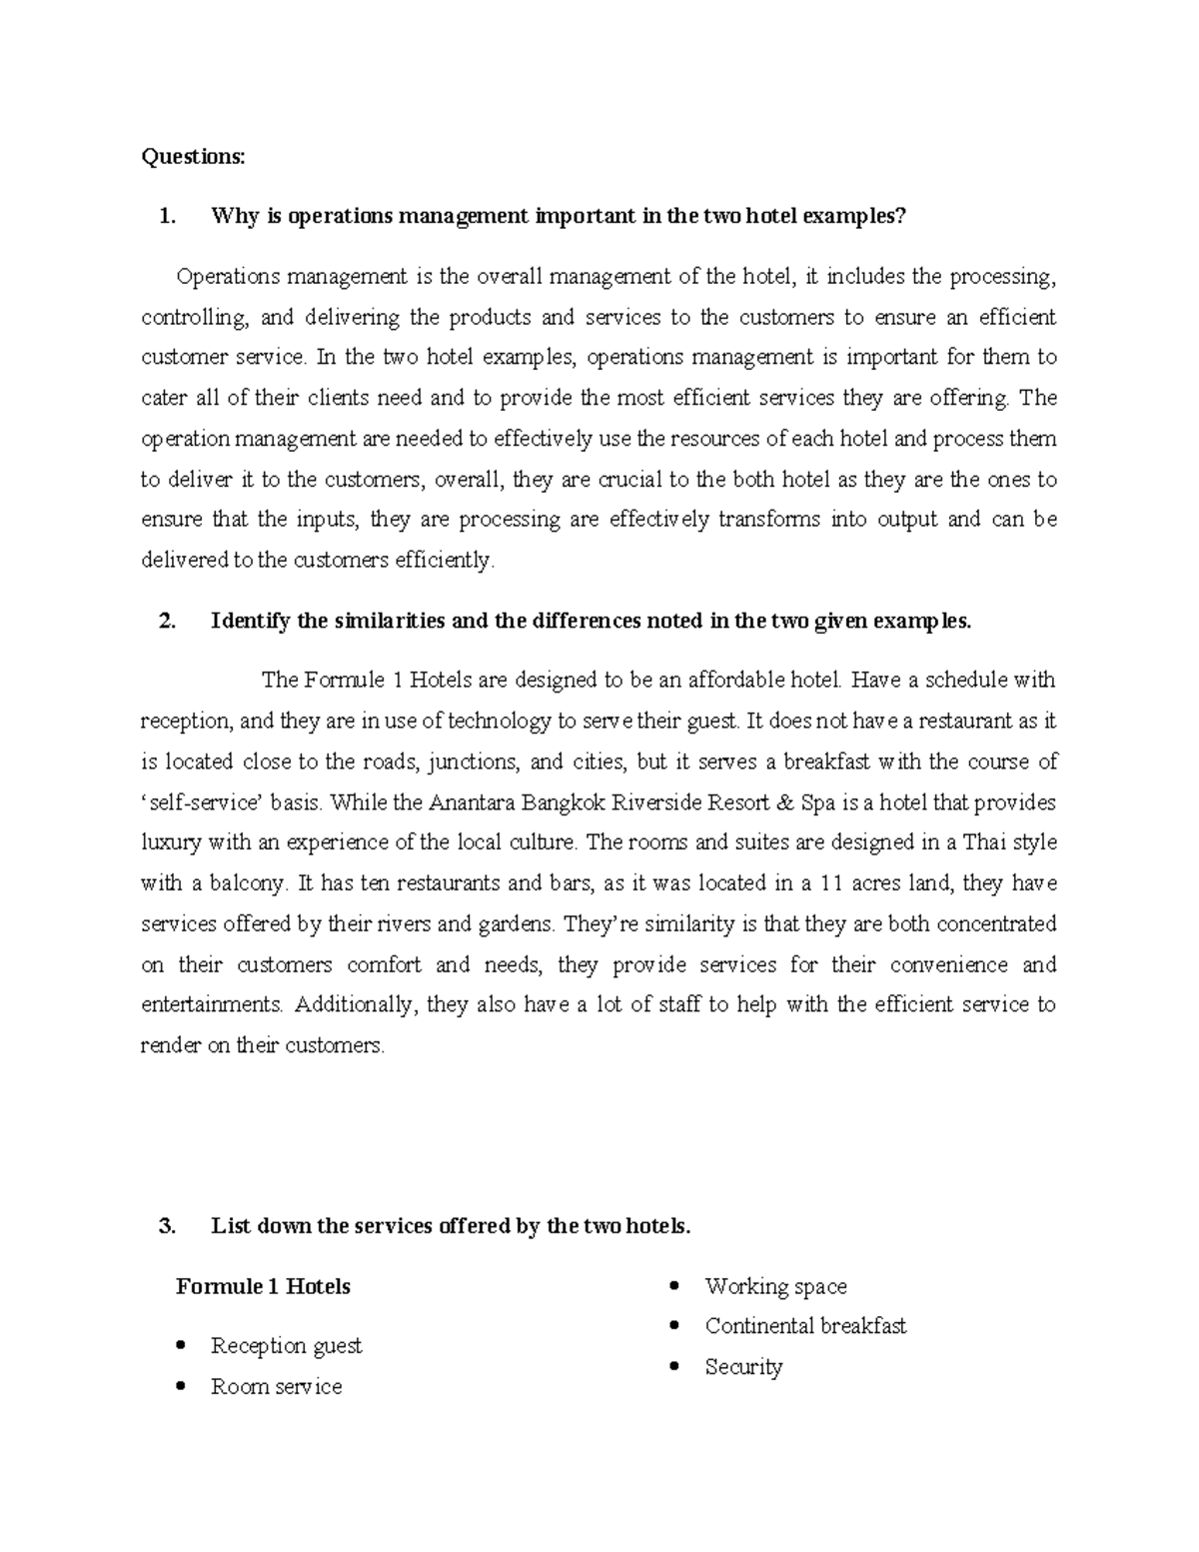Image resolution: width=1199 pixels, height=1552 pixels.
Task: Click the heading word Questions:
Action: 192,157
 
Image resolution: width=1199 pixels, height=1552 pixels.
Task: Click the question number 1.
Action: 167,217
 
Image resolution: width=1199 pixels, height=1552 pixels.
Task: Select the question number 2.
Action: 167,621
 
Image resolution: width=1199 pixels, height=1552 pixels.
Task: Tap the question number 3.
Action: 167,1226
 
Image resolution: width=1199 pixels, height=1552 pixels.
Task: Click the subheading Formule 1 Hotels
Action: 263,1286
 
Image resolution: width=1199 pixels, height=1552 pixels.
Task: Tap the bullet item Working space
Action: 775,1286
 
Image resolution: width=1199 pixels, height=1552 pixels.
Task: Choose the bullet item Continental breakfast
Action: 805,1326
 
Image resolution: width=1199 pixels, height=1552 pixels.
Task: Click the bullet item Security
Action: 743,1367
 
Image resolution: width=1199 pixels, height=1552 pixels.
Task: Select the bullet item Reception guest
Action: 286,1346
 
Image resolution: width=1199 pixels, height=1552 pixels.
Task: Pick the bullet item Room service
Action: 276,1387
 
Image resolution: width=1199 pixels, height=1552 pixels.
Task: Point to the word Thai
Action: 982,842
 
